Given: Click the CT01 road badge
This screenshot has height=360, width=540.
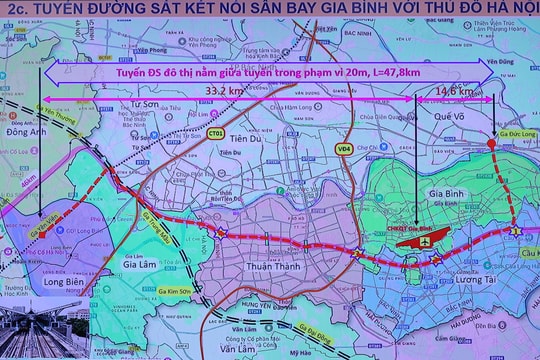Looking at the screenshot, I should (x=216, y=132).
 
